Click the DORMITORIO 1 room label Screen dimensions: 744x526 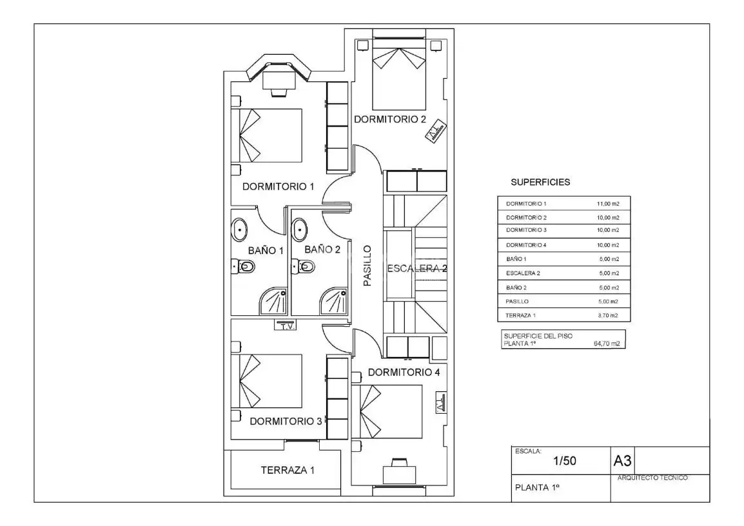coord(278,186)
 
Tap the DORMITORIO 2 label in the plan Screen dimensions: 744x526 coord(390,119)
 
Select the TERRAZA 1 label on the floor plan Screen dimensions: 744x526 coord(288,470)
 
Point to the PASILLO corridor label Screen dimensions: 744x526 coord(367,266)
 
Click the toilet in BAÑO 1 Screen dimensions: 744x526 coord(244,267)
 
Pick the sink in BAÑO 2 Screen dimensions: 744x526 coord(300,229)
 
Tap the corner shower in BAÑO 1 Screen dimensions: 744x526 coord(273,300)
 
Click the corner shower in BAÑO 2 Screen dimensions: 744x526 coord(334,300)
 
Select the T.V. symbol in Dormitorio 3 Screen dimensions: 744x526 coord(285,326)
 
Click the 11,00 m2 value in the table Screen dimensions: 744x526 coord(608,204)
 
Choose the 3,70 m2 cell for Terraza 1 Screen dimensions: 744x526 coord(608,315)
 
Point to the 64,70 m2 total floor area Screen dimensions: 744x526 coord(607,344)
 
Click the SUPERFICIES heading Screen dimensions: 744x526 coord(540,182)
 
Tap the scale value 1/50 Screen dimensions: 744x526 coord(565,460)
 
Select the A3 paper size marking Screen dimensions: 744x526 coord(622,460)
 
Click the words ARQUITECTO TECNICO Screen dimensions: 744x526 coord(652,478)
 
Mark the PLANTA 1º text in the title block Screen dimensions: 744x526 coord(538,487)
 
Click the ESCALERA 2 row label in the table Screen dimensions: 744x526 coord(523,273)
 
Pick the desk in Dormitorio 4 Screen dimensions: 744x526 coord(399,473)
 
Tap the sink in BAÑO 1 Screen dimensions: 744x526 coord(239,230)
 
